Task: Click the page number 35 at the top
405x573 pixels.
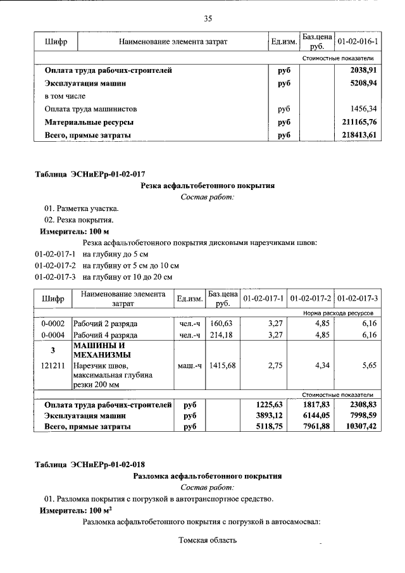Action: coord(208,18)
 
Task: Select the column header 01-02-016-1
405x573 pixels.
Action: coord(358,42)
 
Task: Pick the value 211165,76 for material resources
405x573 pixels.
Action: coord(359,122)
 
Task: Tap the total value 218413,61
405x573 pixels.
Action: coord(359,135)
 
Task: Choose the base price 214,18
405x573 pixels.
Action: coord(222,335)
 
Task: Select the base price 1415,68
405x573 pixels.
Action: coord(222,365)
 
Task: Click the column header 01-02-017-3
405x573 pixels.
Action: coord(358,298)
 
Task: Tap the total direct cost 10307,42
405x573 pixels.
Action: coord(358,427)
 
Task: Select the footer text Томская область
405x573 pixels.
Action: coord(208,540)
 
